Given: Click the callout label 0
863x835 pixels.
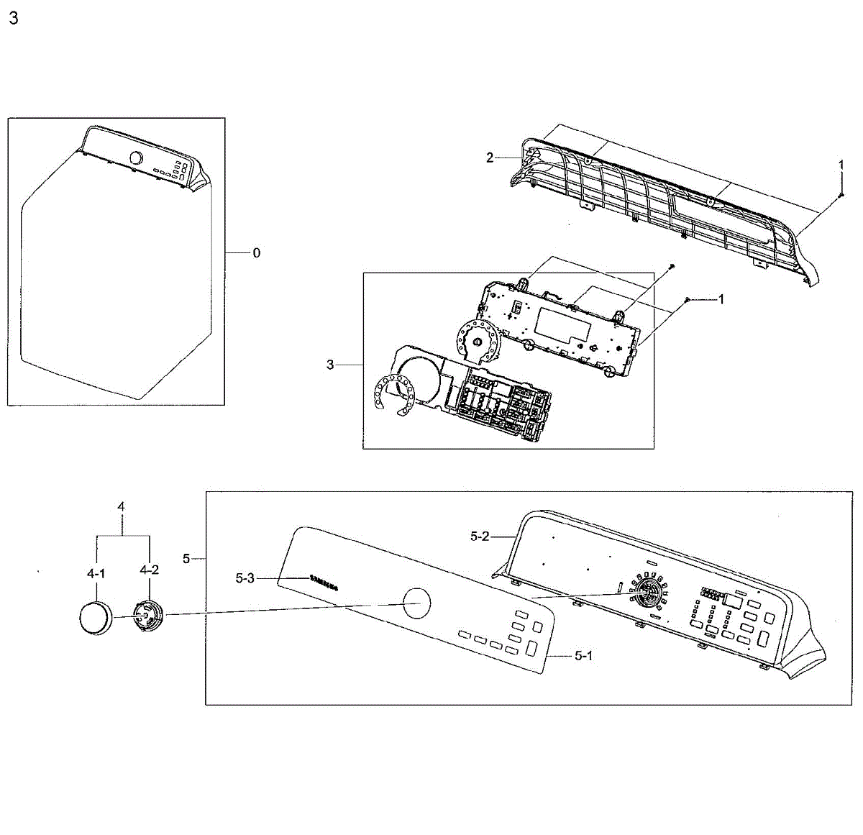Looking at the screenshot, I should pos(256,253).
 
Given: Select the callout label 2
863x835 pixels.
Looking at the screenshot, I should pos(490,158).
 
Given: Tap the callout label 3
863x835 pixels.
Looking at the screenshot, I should pos(330,365).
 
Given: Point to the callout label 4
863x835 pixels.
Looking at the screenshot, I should pos(121,507).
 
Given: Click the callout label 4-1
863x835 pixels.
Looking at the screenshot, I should pos(96,573).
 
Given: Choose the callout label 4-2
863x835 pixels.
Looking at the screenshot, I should pos(150,570).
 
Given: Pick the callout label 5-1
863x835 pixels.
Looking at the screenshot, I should pos(583,656).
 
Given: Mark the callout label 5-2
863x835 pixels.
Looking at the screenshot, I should pos(480,536).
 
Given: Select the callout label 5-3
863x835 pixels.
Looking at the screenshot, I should pos(245,577).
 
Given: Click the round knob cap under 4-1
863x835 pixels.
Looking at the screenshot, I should pos(95,618).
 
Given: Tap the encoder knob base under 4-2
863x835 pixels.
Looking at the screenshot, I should pos(147,616).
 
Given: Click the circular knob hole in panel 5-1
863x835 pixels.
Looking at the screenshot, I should pos(417,602).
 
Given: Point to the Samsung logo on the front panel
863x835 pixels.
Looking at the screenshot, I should pos(323,582).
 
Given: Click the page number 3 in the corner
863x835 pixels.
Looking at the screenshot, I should pos(13,19).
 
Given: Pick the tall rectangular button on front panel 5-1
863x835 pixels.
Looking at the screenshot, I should pos(531,647).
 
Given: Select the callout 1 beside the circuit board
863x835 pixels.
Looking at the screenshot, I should pos(721,299).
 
